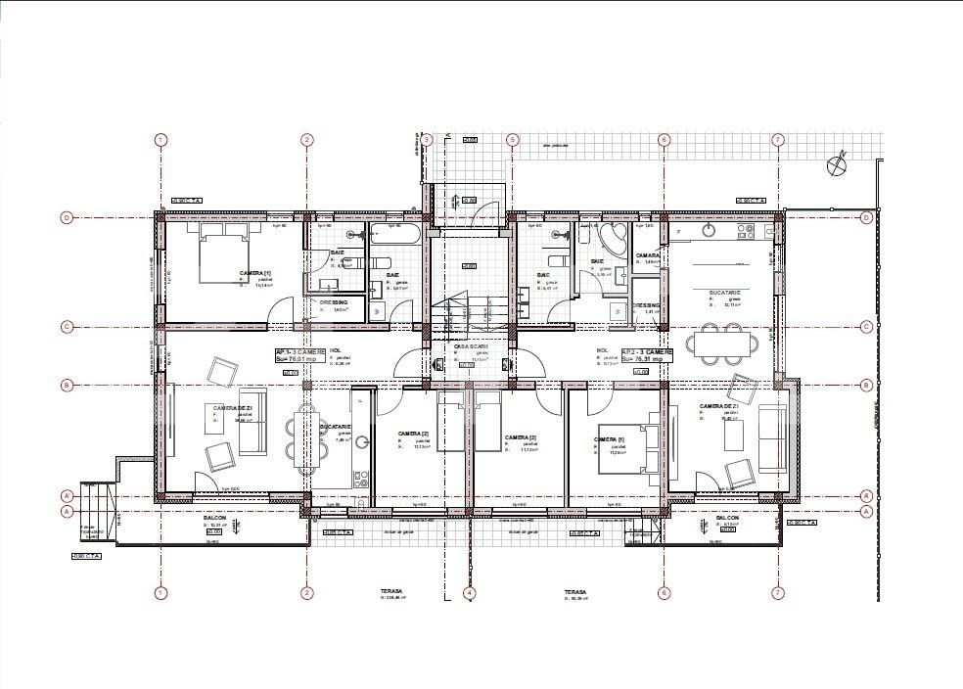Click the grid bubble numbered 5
point(512,140)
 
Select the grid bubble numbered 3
point(426,140)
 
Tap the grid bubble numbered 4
point(469,593)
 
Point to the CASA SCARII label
point(472,346)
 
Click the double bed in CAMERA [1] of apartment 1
point(225,252)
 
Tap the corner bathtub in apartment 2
point(616,239)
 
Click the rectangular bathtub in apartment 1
point(395,234)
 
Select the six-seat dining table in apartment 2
point(723,344)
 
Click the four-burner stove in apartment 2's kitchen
point(745,231)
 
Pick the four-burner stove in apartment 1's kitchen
point(359,480)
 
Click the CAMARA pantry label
point(648,255)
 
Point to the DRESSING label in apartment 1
point(333,302)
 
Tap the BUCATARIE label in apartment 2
point(725,293)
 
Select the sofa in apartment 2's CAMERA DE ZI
point(772,438)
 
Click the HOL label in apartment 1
point(336,349)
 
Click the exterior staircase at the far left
point(98,514)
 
